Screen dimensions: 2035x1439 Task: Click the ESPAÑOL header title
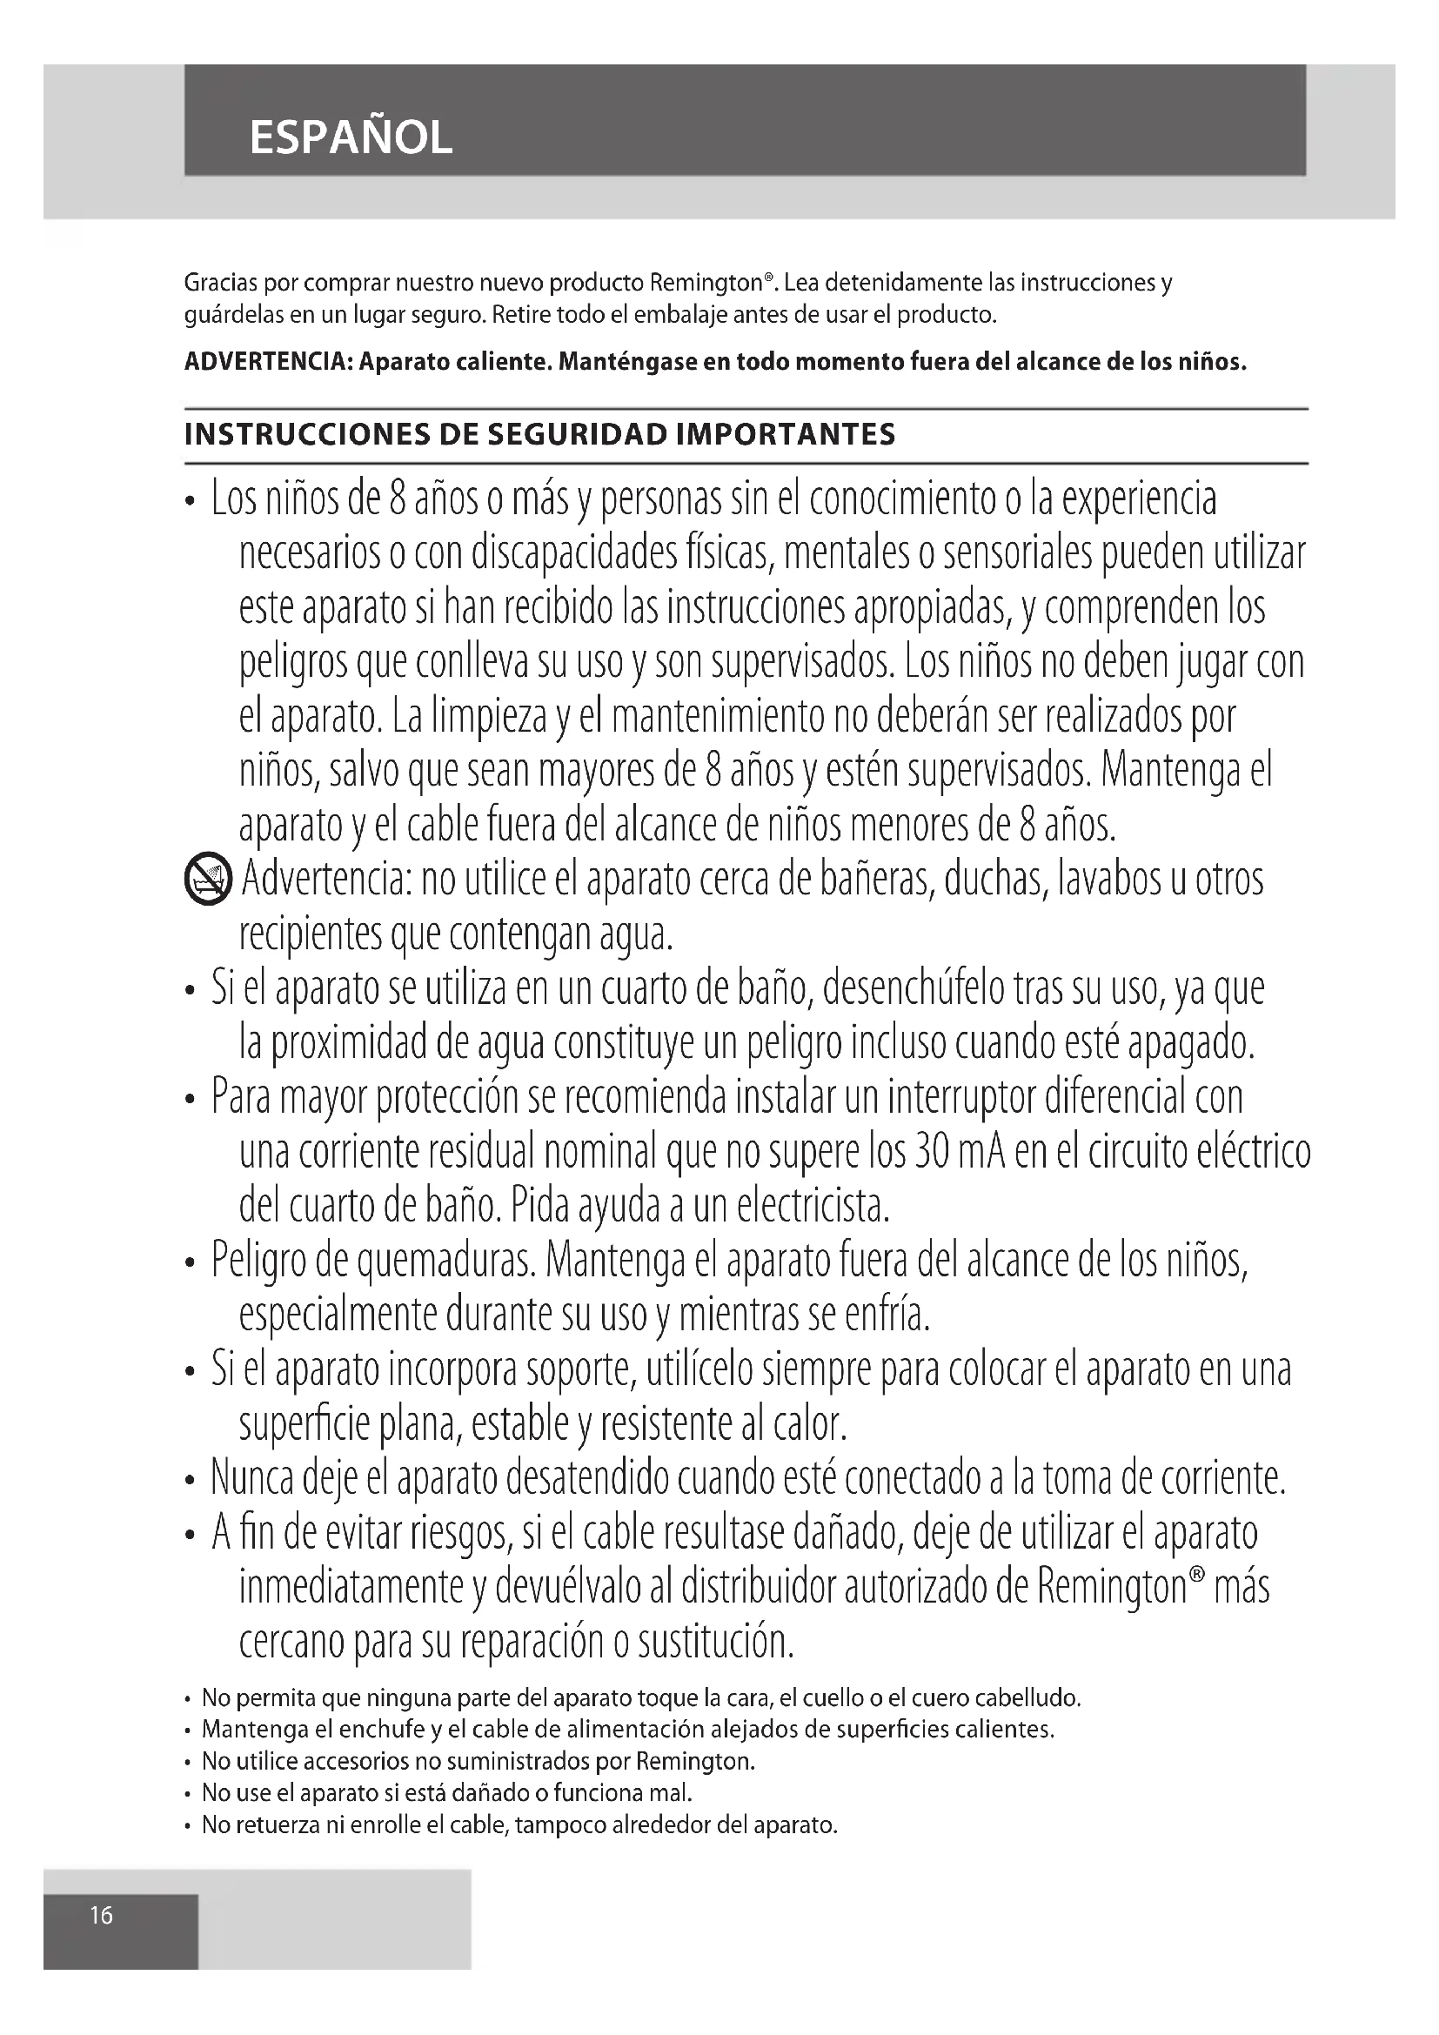pos(351,137)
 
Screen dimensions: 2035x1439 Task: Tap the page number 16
pos(101,1915)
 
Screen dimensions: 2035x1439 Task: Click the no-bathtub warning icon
pos(208,881)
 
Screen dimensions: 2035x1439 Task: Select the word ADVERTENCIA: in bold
pos(266,363)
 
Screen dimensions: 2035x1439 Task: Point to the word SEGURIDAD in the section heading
pos(580,435)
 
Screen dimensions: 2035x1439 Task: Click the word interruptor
pos(953,1098)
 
